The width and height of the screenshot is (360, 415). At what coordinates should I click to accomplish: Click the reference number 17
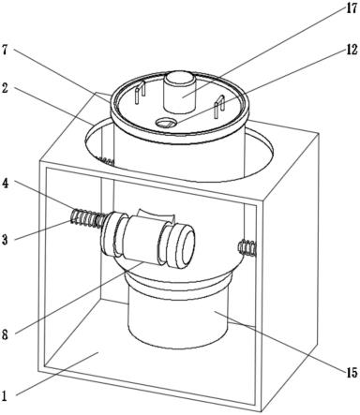[x=351, y=8]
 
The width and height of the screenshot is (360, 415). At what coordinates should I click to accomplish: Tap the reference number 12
[x=352, y=50]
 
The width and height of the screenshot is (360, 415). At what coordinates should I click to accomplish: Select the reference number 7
[x=5, y=50]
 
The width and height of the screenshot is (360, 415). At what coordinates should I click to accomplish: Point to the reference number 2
[x=5, y=88]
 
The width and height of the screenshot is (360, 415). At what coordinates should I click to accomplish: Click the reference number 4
[x=5, y=183]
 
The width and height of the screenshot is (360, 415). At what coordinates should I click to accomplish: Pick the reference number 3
[x=5, y=240]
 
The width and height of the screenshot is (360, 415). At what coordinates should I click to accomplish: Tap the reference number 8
[x=5, y=335]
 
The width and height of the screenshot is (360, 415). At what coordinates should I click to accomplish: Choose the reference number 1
[x=5, y=396]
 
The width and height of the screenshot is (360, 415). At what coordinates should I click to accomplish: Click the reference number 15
[x=352, y=373]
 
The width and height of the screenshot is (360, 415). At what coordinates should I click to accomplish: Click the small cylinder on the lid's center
[x=180, y=92]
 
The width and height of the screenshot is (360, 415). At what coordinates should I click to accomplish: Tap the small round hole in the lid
[x=166, y=124]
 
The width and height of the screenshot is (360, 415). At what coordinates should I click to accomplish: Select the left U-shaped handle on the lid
[x=140, y=92]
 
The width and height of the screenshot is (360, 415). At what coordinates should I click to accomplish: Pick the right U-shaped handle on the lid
[x=219, y=107]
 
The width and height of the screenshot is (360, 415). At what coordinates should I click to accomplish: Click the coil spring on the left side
[x=87, y=217]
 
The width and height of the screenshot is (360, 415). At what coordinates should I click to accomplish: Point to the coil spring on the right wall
[x=247, y=247]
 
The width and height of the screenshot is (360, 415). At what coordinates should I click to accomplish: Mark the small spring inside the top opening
[x=106, y=161]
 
